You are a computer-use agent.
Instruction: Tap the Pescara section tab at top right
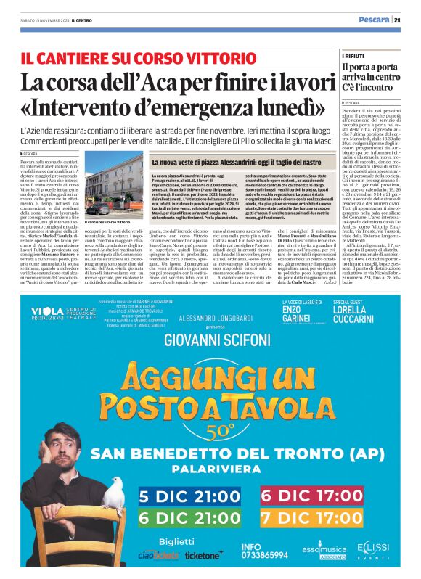(376, 19)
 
